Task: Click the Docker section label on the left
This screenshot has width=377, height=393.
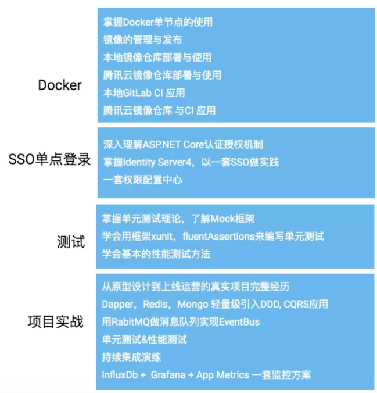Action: tap(60, 85)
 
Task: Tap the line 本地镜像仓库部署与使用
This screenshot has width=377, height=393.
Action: tap(157, 57)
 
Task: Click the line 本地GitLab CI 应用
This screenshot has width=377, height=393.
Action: tap(144, 92)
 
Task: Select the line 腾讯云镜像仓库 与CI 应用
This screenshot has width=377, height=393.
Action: tap(159, 110)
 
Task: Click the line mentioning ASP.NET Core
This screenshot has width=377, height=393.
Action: tap(182, 144)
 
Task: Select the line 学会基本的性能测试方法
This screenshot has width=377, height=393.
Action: tap(156, 253)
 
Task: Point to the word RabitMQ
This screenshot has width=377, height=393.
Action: tap(135, 321)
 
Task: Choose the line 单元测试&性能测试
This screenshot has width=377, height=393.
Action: tap(145, 339)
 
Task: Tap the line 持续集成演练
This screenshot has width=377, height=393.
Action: tap(132, 357)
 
